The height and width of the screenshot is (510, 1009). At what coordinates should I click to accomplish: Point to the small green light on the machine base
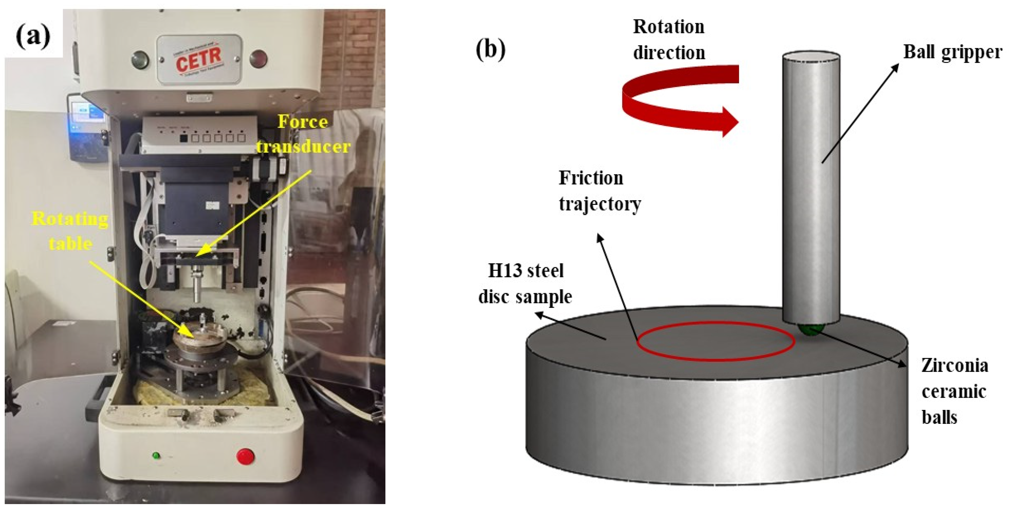156,456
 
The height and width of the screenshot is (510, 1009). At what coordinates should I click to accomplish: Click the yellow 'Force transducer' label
303,134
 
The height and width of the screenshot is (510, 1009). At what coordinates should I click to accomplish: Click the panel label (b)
490,50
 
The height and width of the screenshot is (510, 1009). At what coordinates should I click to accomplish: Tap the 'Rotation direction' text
669,40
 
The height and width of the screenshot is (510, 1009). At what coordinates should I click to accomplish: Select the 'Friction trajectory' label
599,191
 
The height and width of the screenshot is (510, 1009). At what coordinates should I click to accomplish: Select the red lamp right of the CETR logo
259,59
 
